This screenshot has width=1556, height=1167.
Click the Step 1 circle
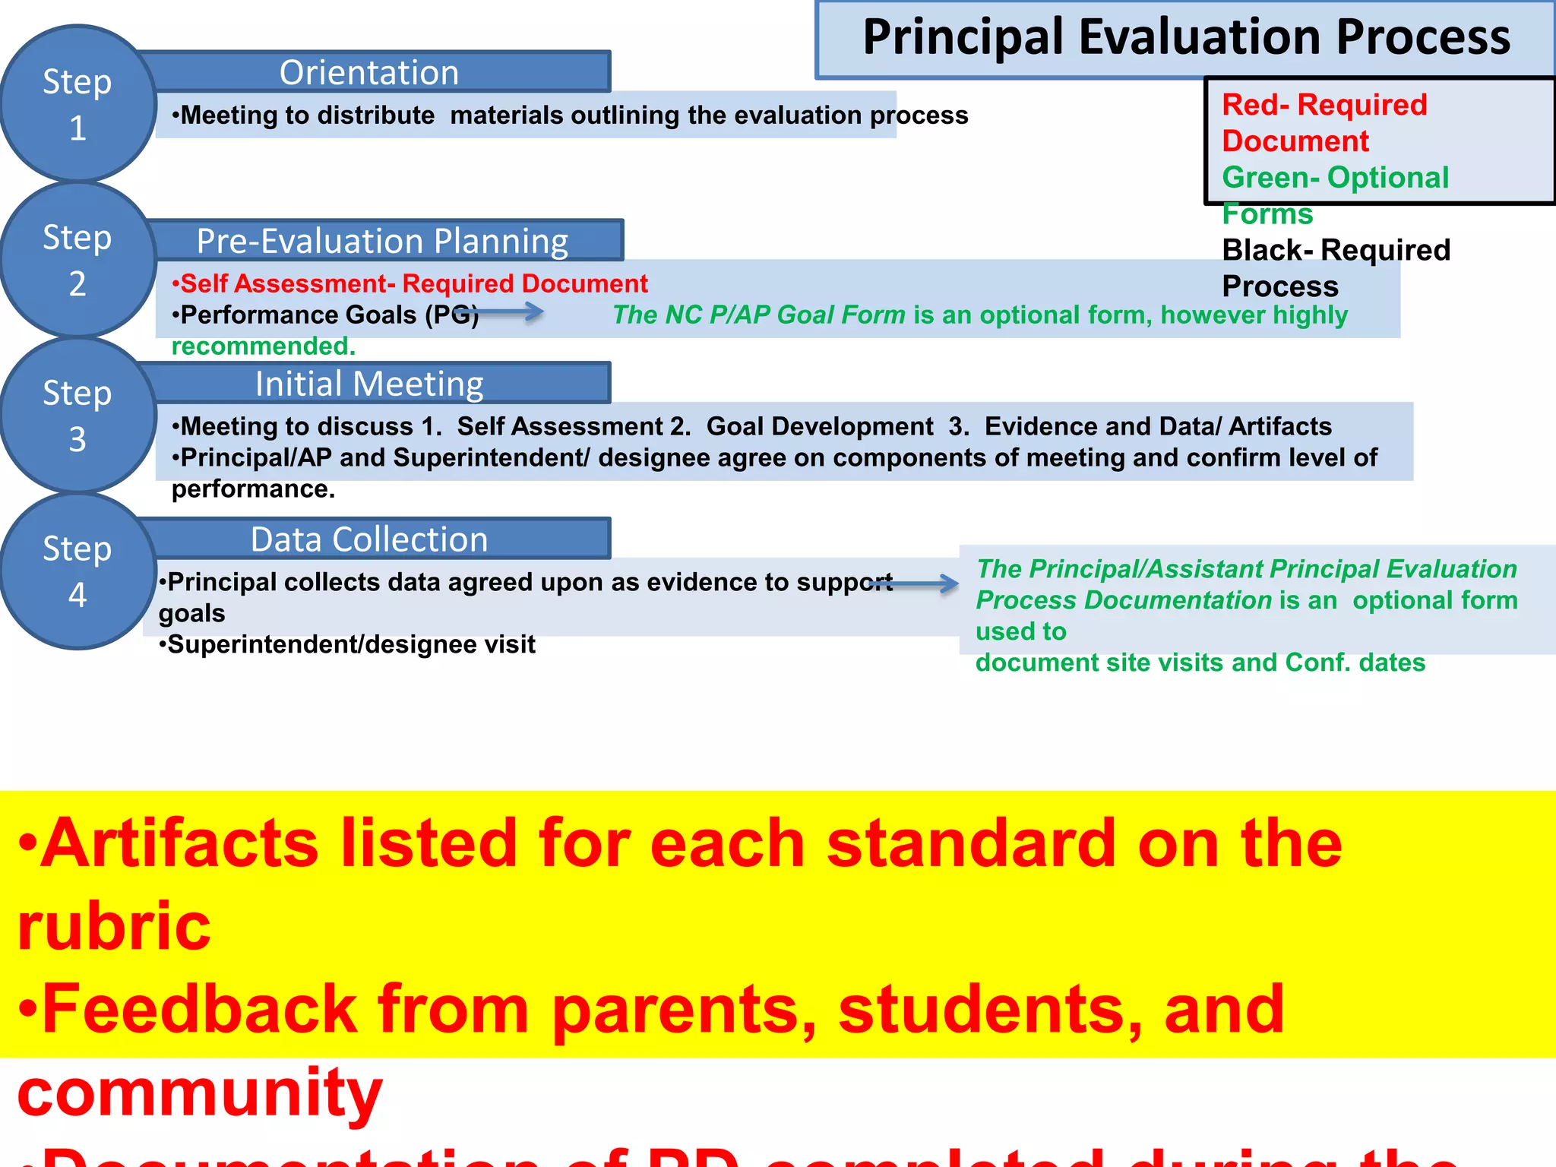(77, 104)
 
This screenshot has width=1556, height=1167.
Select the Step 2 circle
(77, 260)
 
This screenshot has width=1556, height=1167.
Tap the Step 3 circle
(77, 416)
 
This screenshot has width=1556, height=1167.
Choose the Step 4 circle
(77, 571)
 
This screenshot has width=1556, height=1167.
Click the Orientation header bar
(370, 72)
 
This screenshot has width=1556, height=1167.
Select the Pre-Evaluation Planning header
(382, 241)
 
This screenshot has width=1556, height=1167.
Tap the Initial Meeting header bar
(370, 384)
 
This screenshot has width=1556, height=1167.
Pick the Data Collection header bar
(370, 539)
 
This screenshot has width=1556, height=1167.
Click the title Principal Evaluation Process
(1186, 38)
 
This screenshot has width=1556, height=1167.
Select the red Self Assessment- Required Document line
(410, 283)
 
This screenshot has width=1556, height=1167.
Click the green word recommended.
(264, 346)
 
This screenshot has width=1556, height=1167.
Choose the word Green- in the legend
(1270, 178)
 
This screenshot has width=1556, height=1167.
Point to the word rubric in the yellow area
(114, 925)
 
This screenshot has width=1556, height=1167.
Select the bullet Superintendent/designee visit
(347, 644)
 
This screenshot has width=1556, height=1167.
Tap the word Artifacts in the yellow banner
(179, 843)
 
